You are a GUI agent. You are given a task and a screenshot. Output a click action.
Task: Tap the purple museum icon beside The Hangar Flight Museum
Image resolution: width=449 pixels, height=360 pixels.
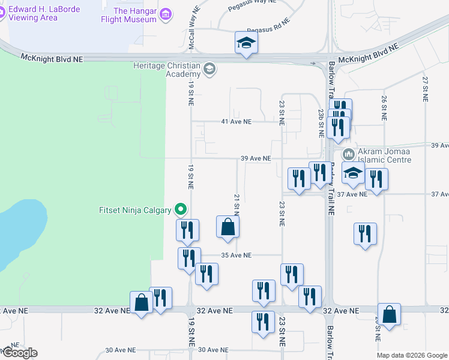tap(166, 13)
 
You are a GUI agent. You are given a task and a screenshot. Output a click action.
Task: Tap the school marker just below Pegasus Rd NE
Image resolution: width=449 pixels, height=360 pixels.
tap(246, 43)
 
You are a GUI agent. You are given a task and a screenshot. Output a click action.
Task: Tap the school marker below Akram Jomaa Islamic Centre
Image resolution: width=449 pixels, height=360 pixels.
tap(353, 174)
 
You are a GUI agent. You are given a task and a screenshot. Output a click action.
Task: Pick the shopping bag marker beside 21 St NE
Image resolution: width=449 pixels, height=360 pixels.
tap(228, 227)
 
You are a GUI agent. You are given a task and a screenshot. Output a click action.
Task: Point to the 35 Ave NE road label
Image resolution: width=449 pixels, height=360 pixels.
tap(236, 255)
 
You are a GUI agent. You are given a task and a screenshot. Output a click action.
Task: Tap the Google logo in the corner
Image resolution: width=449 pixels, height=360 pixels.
tap(19, 353)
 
